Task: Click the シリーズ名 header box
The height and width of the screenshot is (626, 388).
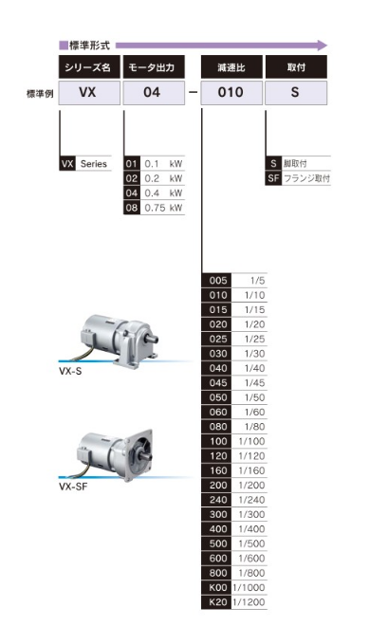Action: pyautogui.click(x=89, y=66)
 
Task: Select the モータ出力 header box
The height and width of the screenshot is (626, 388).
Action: pyautogui.click(x=154, y=66)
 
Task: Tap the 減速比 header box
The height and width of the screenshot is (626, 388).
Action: pyautogui.click(x=231, y=66)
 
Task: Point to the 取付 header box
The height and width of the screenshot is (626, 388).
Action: pyautogui.click(x=296, y=66)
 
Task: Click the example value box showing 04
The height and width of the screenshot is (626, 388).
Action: pyautogui.click(x=154, y=93)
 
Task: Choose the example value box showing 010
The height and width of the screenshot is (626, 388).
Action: pyautogui.click(x=231, y=93)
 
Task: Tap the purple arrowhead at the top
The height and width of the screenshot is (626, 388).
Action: pyautogui.click(x=323, y=46)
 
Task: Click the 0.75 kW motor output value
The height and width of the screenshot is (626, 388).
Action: pyautogui.click(x=163, y=208)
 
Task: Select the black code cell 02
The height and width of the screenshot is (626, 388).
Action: pyautogui.click(x=132, y=178)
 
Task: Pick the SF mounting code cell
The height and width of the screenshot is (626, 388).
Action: pyautogui.click(x=273, y=178)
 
